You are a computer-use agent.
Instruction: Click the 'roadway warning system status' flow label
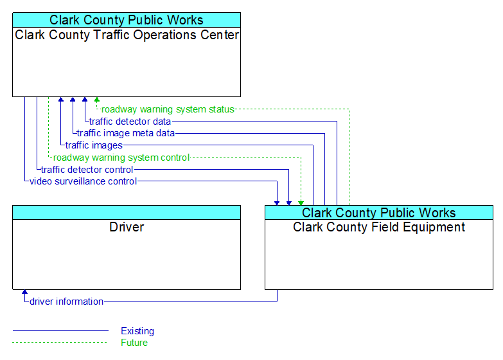click(x=168, y=109)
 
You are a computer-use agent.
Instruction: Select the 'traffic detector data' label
click(x=130, y=122)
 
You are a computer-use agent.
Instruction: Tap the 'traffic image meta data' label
click(x=126, y=133)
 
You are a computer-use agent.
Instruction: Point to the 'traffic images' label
click(x=94, y=145)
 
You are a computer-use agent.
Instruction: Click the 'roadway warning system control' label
click(x=121, y=157)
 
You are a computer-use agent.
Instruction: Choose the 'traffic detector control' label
click(x=87, y=170)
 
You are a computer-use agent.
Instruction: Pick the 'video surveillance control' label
click(x=84, y=181)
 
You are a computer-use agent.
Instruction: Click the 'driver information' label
click(x=66, y=301)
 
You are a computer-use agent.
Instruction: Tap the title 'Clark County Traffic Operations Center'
click(x=127, y=35)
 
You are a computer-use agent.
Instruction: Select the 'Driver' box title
click(x=127, y=227)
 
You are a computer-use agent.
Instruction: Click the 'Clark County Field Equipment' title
click(x=379, y=227)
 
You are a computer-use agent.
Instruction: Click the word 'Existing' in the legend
click(x=137, y=331)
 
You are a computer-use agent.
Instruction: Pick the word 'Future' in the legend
click(x=134, y=343)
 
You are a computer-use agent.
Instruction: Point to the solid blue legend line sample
click(x=60, y=330)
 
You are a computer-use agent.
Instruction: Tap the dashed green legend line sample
click(x=60, y=343)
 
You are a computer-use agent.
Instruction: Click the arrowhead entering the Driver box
click(x=24, y=292)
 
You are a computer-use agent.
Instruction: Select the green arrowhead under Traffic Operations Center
click(x=97, y=99)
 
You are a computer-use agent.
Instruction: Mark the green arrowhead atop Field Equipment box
click(x=301, y=203)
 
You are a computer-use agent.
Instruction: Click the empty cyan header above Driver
click(x=127, y=213)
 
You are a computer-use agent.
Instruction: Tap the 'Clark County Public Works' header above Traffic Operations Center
click(x=127, y=20)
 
